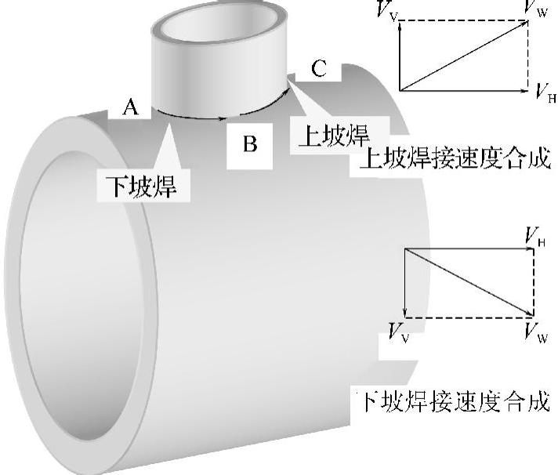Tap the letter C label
[318, 69]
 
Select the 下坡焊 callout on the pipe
[141, 187]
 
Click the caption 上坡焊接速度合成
[455, 161]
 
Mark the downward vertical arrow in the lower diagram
[404, 282]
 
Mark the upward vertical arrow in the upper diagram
[400, 55]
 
